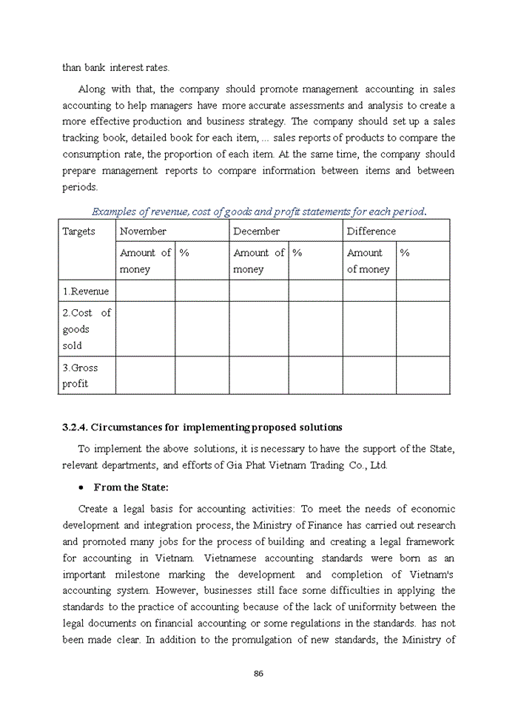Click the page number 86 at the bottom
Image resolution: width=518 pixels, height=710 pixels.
(258, 673)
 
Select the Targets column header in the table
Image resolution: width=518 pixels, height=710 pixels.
(78, 231)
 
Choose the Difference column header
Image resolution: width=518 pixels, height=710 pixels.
(371, 231)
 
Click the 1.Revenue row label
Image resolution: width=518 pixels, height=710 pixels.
(86, 291)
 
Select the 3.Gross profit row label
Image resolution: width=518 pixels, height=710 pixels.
(80, 375)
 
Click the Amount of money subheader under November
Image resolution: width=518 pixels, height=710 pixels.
(145, 261)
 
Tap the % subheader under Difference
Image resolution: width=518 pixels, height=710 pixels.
(405, 253)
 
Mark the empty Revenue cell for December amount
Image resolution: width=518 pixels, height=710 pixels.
(258, 291)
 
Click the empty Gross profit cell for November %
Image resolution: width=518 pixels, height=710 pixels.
(201, 375)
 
